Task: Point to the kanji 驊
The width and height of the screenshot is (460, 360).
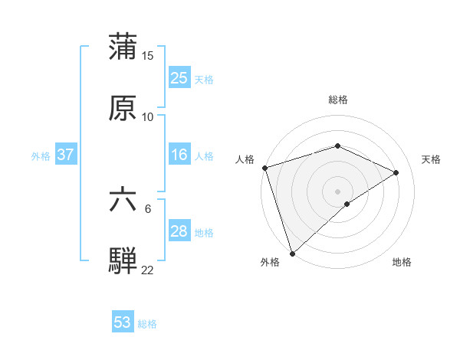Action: coord(123,260)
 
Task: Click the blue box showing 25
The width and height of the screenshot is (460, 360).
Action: coord(179,78)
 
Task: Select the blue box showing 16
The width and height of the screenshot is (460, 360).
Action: coord(179,155)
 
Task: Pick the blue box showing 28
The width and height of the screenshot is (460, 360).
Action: coord(179,231)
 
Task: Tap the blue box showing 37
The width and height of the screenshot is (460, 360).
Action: coord(66,155)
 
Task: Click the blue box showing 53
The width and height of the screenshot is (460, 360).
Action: coord(123,322)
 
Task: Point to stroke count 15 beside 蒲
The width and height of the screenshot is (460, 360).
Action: coord(148,55)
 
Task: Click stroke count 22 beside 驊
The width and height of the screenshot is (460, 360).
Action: coord(148,270)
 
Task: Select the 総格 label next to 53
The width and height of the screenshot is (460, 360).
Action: coord(147,324)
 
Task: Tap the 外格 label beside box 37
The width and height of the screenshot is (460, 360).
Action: coord(41,155)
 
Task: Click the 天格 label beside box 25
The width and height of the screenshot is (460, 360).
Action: coord(204,79)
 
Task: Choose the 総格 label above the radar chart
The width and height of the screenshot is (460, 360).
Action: coord(338,100)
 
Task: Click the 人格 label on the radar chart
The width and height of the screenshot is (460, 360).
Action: coord(245,159)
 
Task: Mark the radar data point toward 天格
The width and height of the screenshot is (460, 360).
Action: coord(396,172)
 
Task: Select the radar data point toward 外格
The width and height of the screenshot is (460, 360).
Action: coord(292,253)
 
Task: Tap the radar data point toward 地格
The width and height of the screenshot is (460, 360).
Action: coord(347,204)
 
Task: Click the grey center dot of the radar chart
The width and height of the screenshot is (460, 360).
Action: coord(337,191)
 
